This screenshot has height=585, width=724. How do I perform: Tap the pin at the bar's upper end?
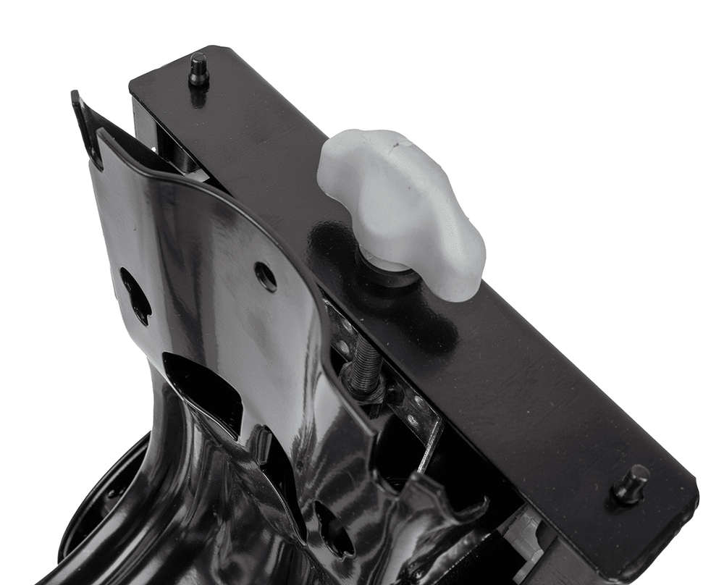[198, 70]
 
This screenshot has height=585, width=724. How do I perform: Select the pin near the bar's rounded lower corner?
[631, 483]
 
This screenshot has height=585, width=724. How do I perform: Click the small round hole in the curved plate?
[266, 277]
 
